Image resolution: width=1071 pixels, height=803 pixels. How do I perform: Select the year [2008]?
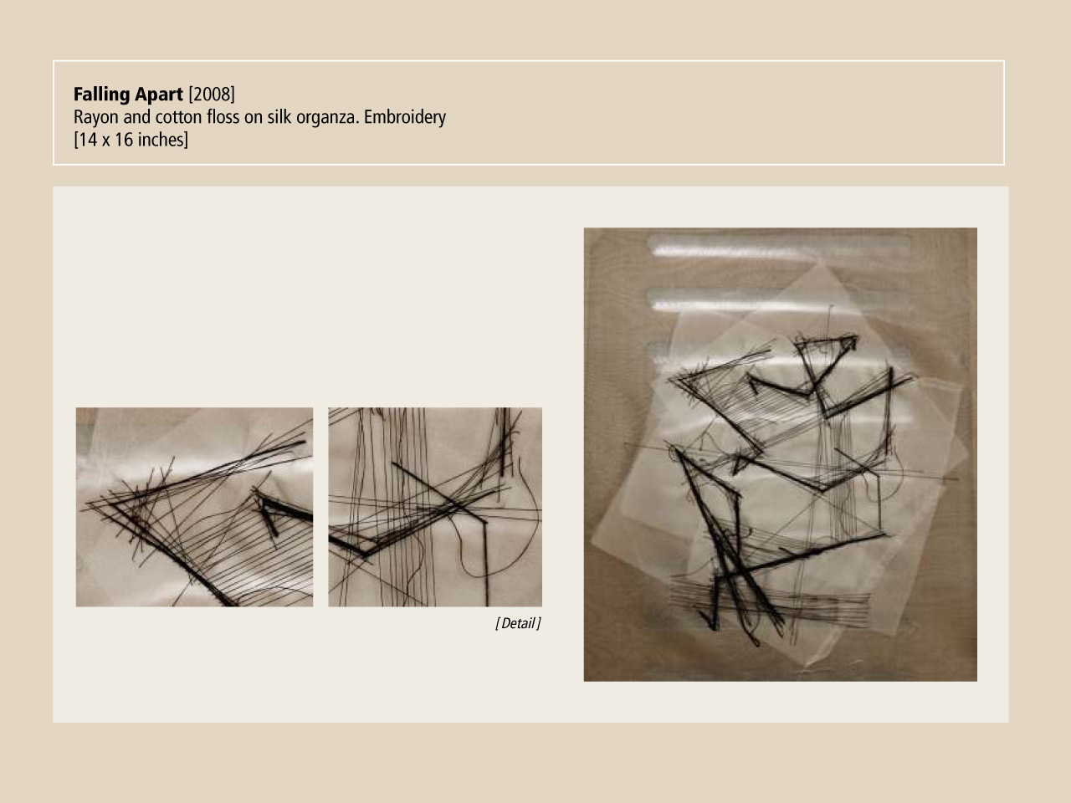pos(212,95)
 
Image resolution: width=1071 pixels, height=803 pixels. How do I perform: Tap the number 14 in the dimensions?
pos(88,140)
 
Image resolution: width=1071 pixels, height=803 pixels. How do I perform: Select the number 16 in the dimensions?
pos(124,140)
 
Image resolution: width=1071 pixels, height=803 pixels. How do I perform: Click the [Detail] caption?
pos(518,623)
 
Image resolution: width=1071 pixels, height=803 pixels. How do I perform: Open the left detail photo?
pos(194,507)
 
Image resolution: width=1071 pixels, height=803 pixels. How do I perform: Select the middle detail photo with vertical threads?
pos(435,507)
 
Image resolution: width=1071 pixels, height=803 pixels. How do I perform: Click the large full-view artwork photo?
pos(780,454)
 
